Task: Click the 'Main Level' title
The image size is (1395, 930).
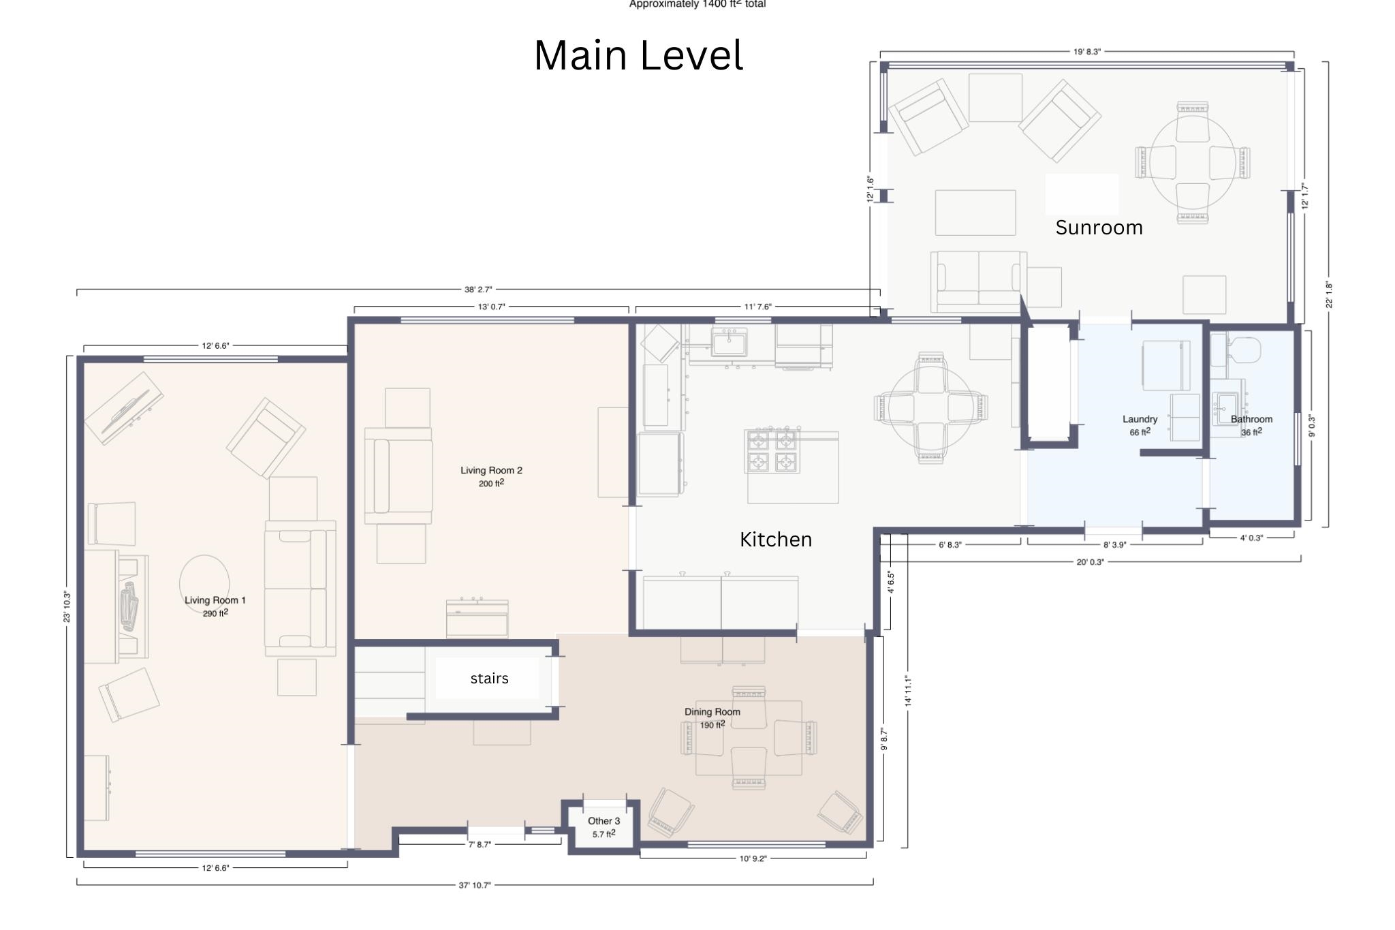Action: [638, 55]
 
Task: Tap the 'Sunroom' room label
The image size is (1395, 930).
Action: [1099, 228]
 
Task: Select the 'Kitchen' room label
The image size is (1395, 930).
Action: [776, 540]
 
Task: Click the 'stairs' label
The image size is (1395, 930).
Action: [489, 679]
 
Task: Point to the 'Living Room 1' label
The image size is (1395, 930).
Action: [215, 600]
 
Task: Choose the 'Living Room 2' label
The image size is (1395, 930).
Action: [491, 470]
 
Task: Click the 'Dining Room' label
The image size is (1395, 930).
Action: [712, 712]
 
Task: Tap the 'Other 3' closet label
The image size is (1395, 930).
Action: [604, 821]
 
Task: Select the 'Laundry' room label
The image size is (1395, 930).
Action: [1140, 419]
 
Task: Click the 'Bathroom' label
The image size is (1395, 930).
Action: [1251, 419]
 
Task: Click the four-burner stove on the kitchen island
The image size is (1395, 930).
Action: [772, 451]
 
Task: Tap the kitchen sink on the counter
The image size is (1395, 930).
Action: [730, 341]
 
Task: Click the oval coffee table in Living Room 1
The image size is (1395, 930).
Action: [204, 584]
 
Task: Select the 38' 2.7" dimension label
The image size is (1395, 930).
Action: [478, 290]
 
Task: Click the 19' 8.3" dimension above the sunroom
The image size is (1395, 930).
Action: [1087, 52]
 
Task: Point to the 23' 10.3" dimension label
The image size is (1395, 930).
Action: [67, 606]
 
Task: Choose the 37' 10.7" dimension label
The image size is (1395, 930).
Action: [475, 885]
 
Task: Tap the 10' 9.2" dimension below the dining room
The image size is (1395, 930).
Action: [753, 858]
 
